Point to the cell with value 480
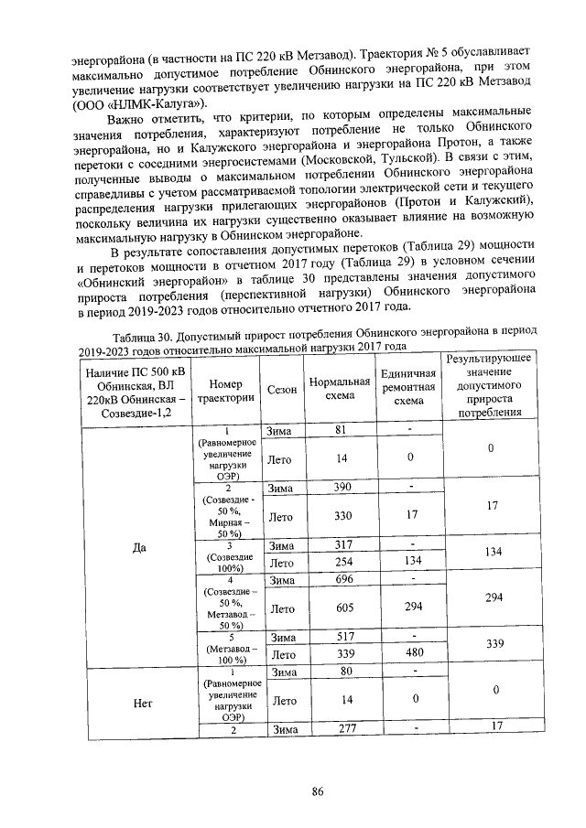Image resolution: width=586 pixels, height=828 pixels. pyautogui.click(x=408, y=655)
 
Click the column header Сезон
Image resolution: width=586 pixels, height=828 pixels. pyautogui.click(x=282, y=390)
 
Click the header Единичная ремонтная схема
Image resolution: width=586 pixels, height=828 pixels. pyautogui.click(x=408, y=390)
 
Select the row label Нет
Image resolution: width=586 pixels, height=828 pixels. pyautogui.click(x=139, y=704)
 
